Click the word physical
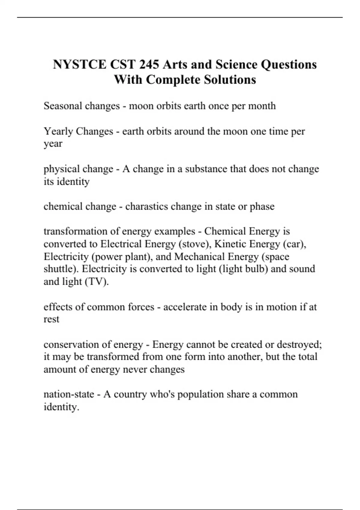point(61,169)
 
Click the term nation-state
point(69,394)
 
